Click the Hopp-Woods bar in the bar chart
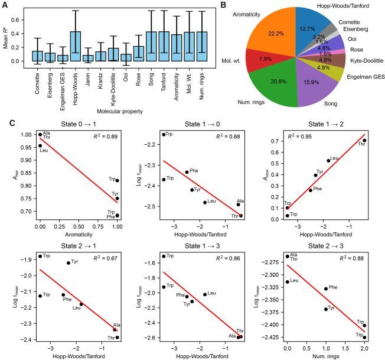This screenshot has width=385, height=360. click(x=75, y=47)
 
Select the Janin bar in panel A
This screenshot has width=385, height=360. click(x=89, y=59)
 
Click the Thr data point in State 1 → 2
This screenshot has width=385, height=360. click(x=364, y=140)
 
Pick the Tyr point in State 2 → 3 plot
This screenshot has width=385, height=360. click(x=325, y=309)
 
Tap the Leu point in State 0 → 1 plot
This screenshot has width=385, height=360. click(x=40, y=145)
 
